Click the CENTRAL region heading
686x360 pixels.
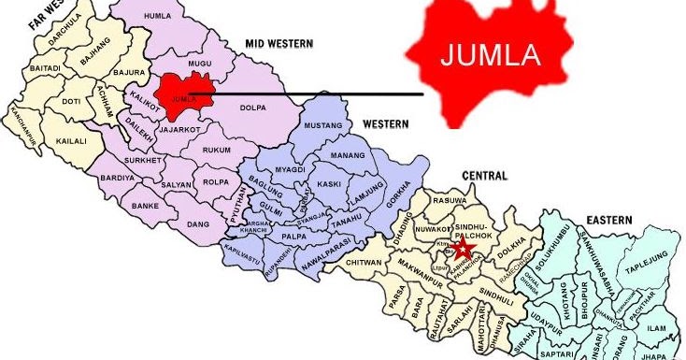tap(482, 176)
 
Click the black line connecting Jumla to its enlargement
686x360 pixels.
tap(308, 94)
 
